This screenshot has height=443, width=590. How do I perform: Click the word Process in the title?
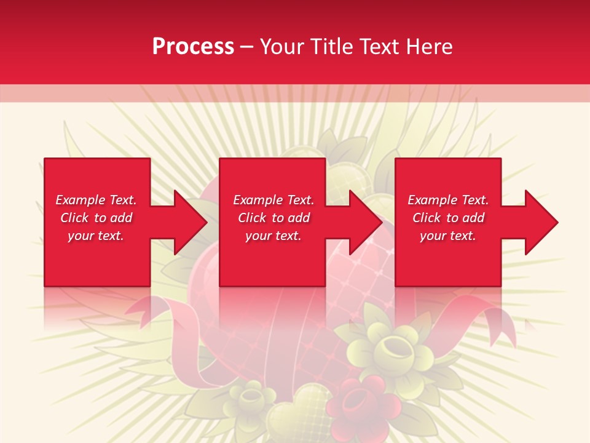click(x=193, y=47)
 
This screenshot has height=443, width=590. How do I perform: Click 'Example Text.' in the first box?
click(x=96, y=200)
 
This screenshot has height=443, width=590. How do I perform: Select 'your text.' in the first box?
click(x=96, y=236)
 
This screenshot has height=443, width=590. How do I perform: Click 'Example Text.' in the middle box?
click(x=273, y=200)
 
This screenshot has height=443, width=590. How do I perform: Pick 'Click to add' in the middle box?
click(x=273, y=218)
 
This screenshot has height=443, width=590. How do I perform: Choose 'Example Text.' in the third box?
click(x=448, y=200)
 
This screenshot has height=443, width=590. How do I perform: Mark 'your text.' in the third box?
click(x=448, y=236)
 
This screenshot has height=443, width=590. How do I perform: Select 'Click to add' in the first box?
click(x=96, y=218)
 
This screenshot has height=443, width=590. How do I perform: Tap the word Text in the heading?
click(x=377, y=47)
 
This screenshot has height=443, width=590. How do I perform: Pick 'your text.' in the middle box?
click(x=273, y=236)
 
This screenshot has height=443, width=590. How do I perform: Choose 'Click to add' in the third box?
click(x=448, y=218)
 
